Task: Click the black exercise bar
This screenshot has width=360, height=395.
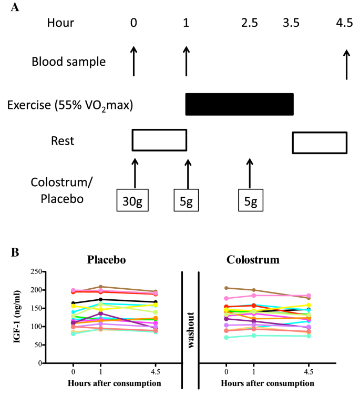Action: click(x=239, y=105)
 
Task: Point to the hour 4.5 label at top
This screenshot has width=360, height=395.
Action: click(x=346, y=23)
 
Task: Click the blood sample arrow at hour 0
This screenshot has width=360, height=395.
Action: click(x=134, y=61)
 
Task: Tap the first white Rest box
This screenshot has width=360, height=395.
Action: click(x=159, y=139)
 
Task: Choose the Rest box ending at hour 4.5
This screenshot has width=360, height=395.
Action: click(x=320, y=142)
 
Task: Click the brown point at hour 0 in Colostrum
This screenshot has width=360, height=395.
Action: click(x=227, y=288)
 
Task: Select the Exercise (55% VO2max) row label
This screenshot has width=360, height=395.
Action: click(x=70, y=105)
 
